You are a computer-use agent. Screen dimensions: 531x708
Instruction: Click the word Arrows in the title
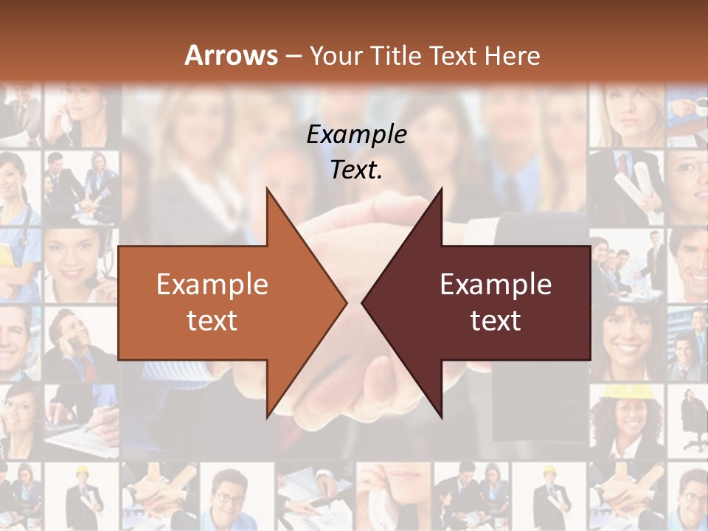tap(231, 55)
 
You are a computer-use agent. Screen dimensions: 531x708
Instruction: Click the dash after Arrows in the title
tap(293, 56)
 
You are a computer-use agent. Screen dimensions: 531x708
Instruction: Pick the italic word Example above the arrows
tap(356, 134)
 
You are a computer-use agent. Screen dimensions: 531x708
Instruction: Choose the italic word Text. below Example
tap(356, 170)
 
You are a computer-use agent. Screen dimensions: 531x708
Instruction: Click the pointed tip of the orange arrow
tap(345, 302)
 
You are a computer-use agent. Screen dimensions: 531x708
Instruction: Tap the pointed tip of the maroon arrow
tap(364, 302)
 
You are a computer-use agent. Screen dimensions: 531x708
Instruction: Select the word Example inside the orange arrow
tap(212, 284)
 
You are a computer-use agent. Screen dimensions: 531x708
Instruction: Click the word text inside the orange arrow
tap(212, 320)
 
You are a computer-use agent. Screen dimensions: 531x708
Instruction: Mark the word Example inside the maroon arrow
tap(496, 284)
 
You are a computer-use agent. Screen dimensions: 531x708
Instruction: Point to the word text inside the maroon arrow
tap(496, 320)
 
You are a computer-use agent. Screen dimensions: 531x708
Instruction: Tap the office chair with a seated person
tap(693, 428)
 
